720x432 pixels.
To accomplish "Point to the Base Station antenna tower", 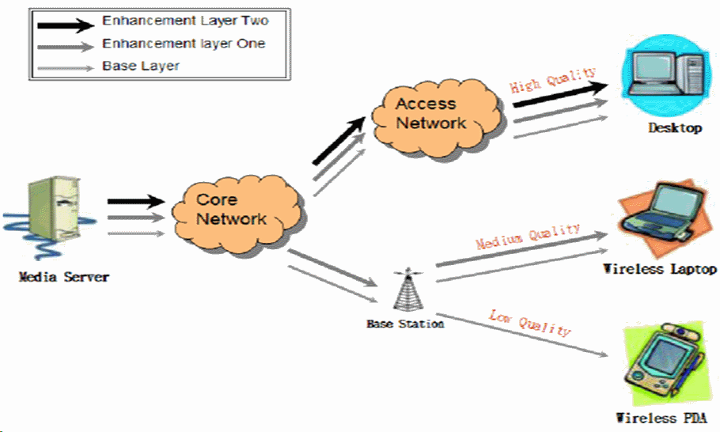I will [x=407, y=293].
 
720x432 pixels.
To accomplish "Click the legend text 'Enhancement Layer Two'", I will [x=184, y=22].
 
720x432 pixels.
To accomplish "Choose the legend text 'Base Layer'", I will [x=141, y=66].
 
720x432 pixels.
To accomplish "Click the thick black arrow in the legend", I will [x=64, y=22].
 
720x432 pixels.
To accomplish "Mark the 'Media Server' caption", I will [x=64, y=277].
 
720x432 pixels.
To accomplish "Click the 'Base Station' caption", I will [x=404, y=324].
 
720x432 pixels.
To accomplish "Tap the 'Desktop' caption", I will [x=675, y=128].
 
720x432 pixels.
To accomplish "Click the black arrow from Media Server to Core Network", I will [x=135, y=202].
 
